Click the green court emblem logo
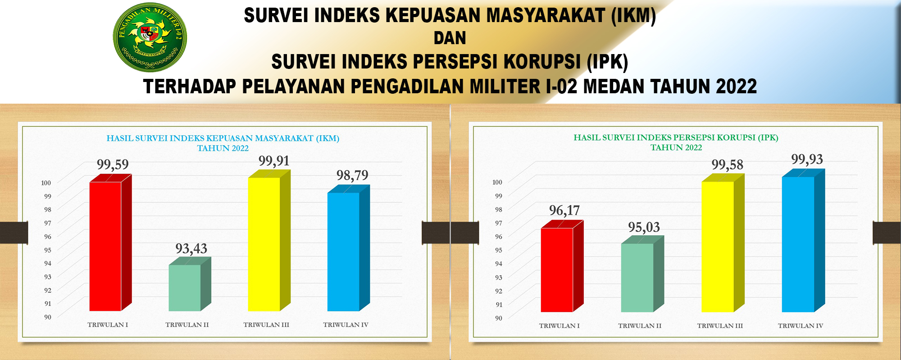point(150,37)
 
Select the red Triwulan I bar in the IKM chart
point(110,243)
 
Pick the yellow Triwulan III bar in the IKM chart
point(269,241)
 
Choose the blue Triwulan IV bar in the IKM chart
point(348,248)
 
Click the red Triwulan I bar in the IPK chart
point(562,266)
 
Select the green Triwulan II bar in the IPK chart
point(642,274)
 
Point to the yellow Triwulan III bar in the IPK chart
point(723,243)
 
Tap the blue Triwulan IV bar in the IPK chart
point(803,241)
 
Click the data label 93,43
point(191,249)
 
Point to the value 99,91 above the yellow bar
point(274,161)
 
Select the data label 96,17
point(564,210)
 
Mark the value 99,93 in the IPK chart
point(807,159)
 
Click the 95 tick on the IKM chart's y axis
point(47,250)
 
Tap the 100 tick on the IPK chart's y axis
point(497,182)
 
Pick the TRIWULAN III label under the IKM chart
point(266,325)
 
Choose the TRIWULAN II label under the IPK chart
point(640,326)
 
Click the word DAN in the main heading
point(450,38)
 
